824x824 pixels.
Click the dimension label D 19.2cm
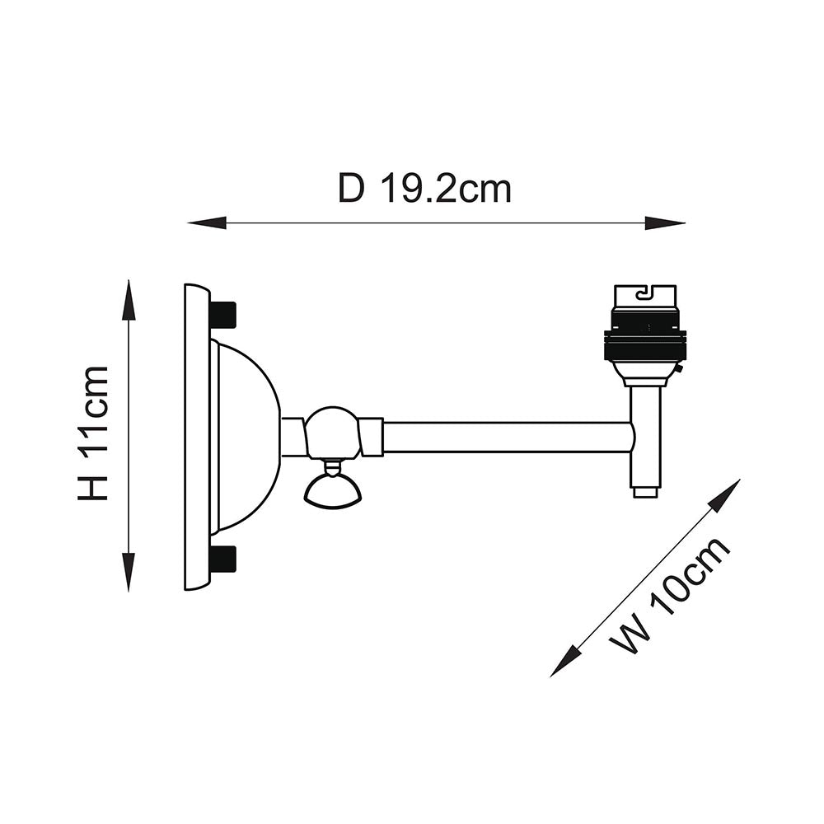click(x=424, y=189)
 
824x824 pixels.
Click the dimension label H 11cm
click(x=94, y=433)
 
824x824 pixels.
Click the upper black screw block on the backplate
click(x=222, y=314)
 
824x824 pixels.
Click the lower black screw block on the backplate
click(x=222, y=559)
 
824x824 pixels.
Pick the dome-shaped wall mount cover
click(x=247, y=437)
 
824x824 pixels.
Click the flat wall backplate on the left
click(x=196, y=437)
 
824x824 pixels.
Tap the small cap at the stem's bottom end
click(x=645, y=493)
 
